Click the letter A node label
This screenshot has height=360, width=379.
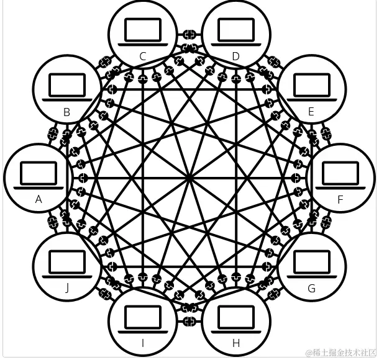click(x=39, y=199)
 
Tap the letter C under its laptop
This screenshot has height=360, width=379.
click(x=142, y=56)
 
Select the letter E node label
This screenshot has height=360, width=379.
click(x=311, y=112)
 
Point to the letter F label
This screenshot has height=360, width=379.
click(x=340, y=199)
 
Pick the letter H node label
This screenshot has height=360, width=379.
click(x=235, y=343)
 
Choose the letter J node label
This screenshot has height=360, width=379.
click(x=66, y=288)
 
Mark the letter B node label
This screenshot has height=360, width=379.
click(x=66, y=112)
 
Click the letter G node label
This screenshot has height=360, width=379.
click(x=311, y=288)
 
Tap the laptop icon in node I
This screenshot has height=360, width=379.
click(x=142, y=320)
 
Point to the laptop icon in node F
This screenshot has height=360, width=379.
click(x=340, y=174)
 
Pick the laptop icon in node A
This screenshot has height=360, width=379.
click(x=39, y=174)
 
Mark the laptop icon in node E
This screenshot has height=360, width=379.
click(x=311, y=88)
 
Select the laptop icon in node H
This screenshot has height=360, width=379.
click(x=235, y=320)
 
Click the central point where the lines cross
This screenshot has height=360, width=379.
click(x=189, y=179)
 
